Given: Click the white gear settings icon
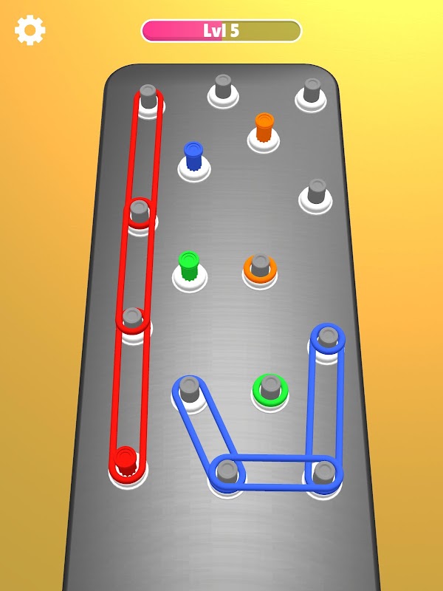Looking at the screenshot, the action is [x=30, y=30].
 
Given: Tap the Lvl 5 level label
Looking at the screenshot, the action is [x=221, y=30].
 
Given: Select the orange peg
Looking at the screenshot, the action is [x=264, y=127].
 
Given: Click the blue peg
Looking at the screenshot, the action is [x=193, y=156].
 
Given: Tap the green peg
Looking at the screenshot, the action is [x=188, y=265].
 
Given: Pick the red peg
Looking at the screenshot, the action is [x=126, y=460].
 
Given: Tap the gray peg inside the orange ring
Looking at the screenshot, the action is [x=261, y=265].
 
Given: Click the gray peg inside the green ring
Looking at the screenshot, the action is [x=270, y=387].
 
